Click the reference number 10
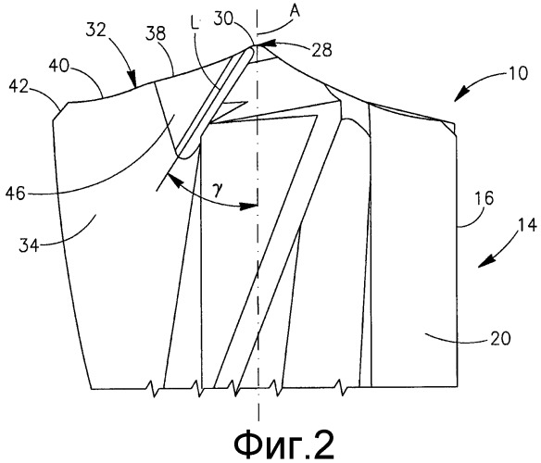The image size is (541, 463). tap(518, 73)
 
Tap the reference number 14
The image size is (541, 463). tap(527, 225)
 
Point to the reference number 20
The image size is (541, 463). tap(500, 338)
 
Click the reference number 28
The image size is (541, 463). tap(321, 50)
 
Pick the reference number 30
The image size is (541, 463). tap(223, 19)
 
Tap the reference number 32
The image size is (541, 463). tap(95, 31)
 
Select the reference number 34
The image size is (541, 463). tap(29, 245)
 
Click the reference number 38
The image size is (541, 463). tap(156, 34)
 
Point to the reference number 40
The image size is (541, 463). tap(59, 65)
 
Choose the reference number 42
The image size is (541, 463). tap(19, 87)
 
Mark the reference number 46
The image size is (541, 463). tap(16, 194)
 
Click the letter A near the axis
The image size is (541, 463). tap(295, 11)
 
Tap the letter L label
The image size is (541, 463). tap(195, 24)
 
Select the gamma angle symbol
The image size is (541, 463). tap(218, 191)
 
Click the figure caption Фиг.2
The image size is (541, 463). tap(284, 444)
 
